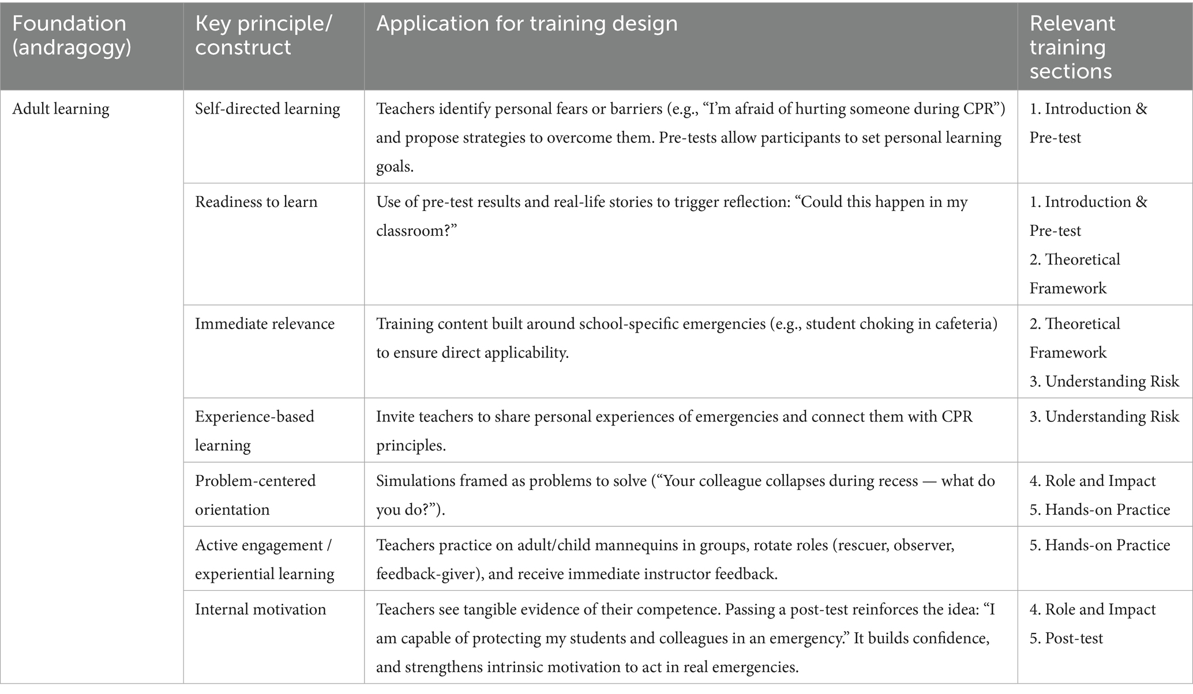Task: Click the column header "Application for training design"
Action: tap(527, 24)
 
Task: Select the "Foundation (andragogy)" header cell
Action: tap(72, 35)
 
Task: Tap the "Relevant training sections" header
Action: tap(1072, 47)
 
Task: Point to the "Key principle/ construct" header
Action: tap(263, 35)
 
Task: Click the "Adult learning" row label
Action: tap(61, 109)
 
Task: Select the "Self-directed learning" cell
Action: tap(267, 109)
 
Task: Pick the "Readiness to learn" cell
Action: tap(256, 202)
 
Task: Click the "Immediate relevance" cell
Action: tap(264, 323)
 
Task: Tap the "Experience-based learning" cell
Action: tap(254, 431)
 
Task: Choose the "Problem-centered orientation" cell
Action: tap(255, 495)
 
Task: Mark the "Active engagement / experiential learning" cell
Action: tap(264, 559)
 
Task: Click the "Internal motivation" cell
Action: tap(260, 609)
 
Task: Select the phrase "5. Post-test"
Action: tap(1066, 638)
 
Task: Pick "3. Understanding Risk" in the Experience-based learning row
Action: tap(1104, 416)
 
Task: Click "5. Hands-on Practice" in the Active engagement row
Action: tap(1100, 545)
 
